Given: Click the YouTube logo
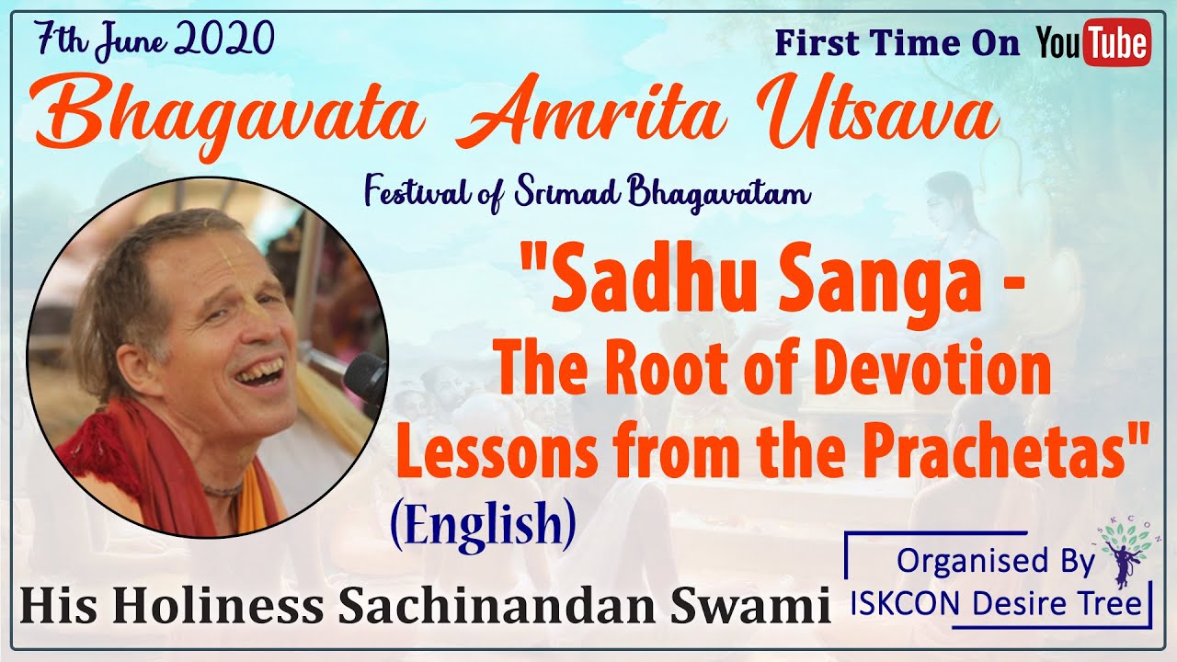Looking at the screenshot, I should (1092, 43).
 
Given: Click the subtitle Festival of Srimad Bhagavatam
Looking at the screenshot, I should (588, 194).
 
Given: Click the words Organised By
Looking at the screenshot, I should (996, 560).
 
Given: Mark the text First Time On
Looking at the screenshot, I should (897, 44).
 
